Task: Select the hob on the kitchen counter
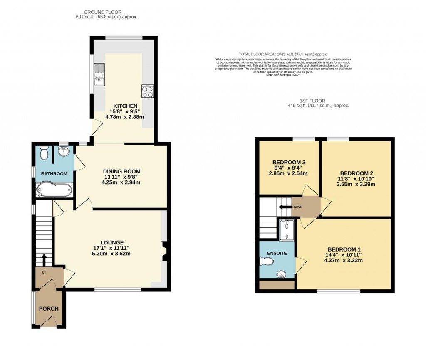pyautogui.click(x=147, y=91)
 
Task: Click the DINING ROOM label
pyautogui.click(x=121, y=171)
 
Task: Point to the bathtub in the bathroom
pyautogui.click(x=54, y=190)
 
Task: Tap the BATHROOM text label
pyautogui.click(x=54, y=174)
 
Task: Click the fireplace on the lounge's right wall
pyautogui.click(x=164, y=251)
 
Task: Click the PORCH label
pyautogui.click(x=49, y=308)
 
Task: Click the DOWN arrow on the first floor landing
pyautogui.click(x=285, y=207)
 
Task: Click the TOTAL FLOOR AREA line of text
pyautogui.click(x=283, y=54)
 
